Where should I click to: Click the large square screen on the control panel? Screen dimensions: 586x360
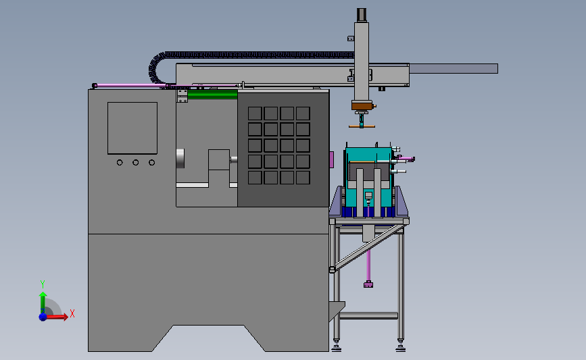click(x=132, y=128)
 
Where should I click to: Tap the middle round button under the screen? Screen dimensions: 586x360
click(x=136, y=163)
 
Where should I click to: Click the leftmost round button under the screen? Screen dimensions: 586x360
click(x=120, y=163)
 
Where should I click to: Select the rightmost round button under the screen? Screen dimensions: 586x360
click(x=151, y=163)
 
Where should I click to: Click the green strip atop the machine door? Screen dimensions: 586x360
click(x=212, y=94)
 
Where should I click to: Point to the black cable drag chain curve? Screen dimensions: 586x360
click(x=154, y=68)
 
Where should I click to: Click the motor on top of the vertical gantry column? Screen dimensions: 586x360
click(x=362, y=15)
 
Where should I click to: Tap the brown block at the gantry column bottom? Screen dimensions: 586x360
click(x=362, y=105)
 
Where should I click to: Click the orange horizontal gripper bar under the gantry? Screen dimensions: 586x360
click(x=362, y=126)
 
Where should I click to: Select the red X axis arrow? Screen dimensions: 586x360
click(x=56, y=317)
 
